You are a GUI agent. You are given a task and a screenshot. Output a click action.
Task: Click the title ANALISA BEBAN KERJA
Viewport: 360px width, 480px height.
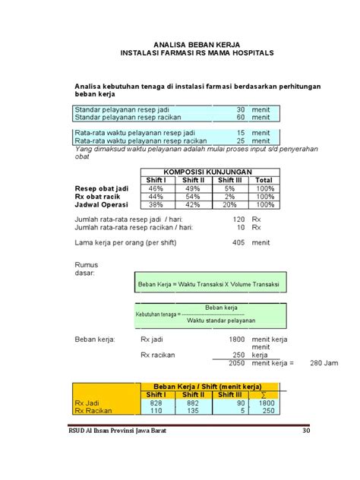[x=197, y=46]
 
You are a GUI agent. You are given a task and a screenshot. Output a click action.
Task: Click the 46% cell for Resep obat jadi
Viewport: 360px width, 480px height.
[x=156, y=188]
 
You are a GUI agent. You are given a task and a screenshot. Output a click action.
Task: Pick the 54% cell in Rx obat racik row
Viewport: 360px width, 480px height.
[x=193, y=197]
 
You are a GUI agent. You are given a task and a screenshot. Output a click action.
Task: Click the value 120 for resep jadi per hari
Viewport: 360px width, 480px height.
[x=238, y=219]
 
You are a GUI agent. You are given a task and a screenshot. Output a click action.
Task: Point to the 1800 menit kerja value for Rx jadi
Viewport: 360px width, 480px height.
[x=236, y=339]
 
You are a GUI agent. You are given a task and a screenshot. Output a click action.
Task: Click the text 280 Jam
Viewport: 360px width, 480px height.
[x=325, y=363]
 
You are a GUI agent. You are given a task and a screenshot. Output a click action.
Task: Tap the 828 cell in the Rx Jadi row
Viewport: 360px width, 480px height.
[x=156, y=403]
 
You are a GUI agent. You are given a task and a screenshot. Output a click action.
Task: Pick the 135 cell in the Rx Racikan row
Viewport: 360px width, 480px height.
[x=192, y=411]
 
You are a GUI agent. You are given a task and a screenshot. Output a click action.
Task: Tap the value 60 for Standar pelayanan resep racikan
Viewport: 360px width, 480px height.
[x=241, y=118]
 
